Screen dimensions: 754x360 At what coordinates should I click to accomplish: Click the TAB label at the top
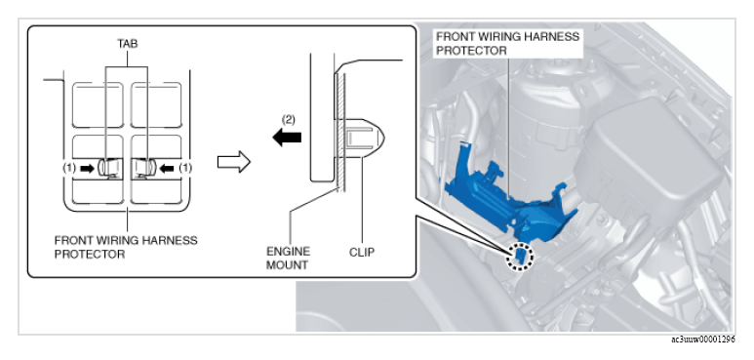128,44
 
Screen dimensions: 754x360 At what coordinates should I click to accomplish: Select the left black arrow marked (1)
88,168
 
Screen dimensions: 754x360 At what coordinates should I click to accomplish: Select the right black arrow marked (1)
167,168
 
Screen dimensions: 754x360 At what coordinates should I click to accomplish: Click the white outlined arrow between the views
234,162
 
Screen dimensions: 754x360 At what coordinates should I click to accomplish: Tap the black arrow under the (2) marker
287,138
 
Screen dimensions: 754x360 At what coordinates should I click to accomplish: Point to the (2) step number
288,120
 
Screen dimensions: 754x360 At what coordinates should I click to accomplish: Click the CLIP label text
362,252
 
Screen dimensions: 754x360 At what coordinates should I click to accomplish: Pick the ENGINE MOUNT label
288,259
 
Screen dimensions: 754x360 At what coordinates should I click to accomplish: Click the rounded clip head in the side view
366,138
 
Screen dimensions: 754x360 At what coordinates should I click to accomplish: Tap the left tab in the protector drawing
108,167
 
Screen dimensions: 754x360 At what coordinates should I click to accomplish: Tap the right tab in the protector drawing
143,167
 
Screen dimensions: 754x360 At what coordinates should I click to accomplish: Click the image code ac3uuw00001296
703,340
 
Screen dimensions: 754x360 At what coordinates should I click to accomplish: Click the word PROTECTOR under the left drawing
90,255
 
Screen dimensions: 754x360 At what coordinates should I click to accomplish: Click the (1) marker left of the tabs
70,168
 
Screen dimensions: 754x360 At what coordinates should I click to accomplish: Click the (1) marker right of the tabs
185,168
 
